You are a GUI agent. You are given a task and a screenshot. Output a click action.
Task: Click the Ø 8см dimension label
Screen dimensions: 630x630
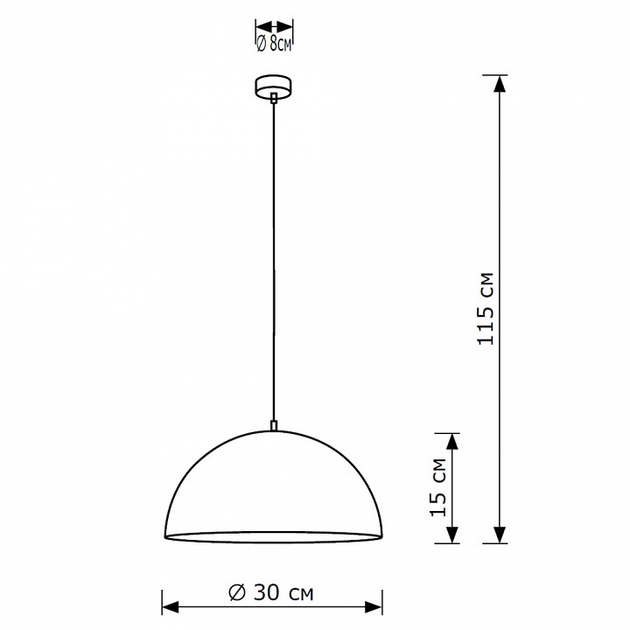click(x=273, y=44)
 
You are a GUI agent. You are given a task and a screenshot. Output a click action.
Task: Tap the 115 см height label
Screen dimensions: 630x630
click(x=485, y=309)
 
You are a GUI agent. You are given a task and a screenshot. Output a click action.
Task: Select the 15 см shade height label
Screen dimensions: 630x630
click(x=438, y=487)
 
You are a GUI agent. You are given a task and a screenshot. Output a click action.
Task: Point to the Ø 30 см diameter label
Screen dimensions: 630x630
click(x=270, y=592)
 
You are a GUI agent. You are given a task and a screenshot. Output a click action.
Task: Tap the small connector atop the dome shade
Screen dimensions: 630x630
click(x=274, y=426)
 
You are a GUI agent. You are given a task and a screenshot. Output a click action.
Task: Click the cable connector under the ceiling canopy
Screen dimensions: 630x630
click(x=274, y=98)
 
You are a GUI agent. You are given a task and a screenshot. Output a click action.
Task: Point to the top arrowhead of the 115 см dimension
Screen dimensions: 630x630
click(x=499, y=84)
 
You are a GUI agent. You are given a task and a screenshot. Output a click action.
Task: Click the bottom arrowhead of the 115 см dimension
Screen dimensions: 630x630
click(x=499, y=535)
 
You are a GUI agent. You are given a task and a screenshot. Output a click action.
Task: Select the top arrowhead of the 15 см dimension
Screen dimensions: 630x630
click(x=452, y=442)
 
